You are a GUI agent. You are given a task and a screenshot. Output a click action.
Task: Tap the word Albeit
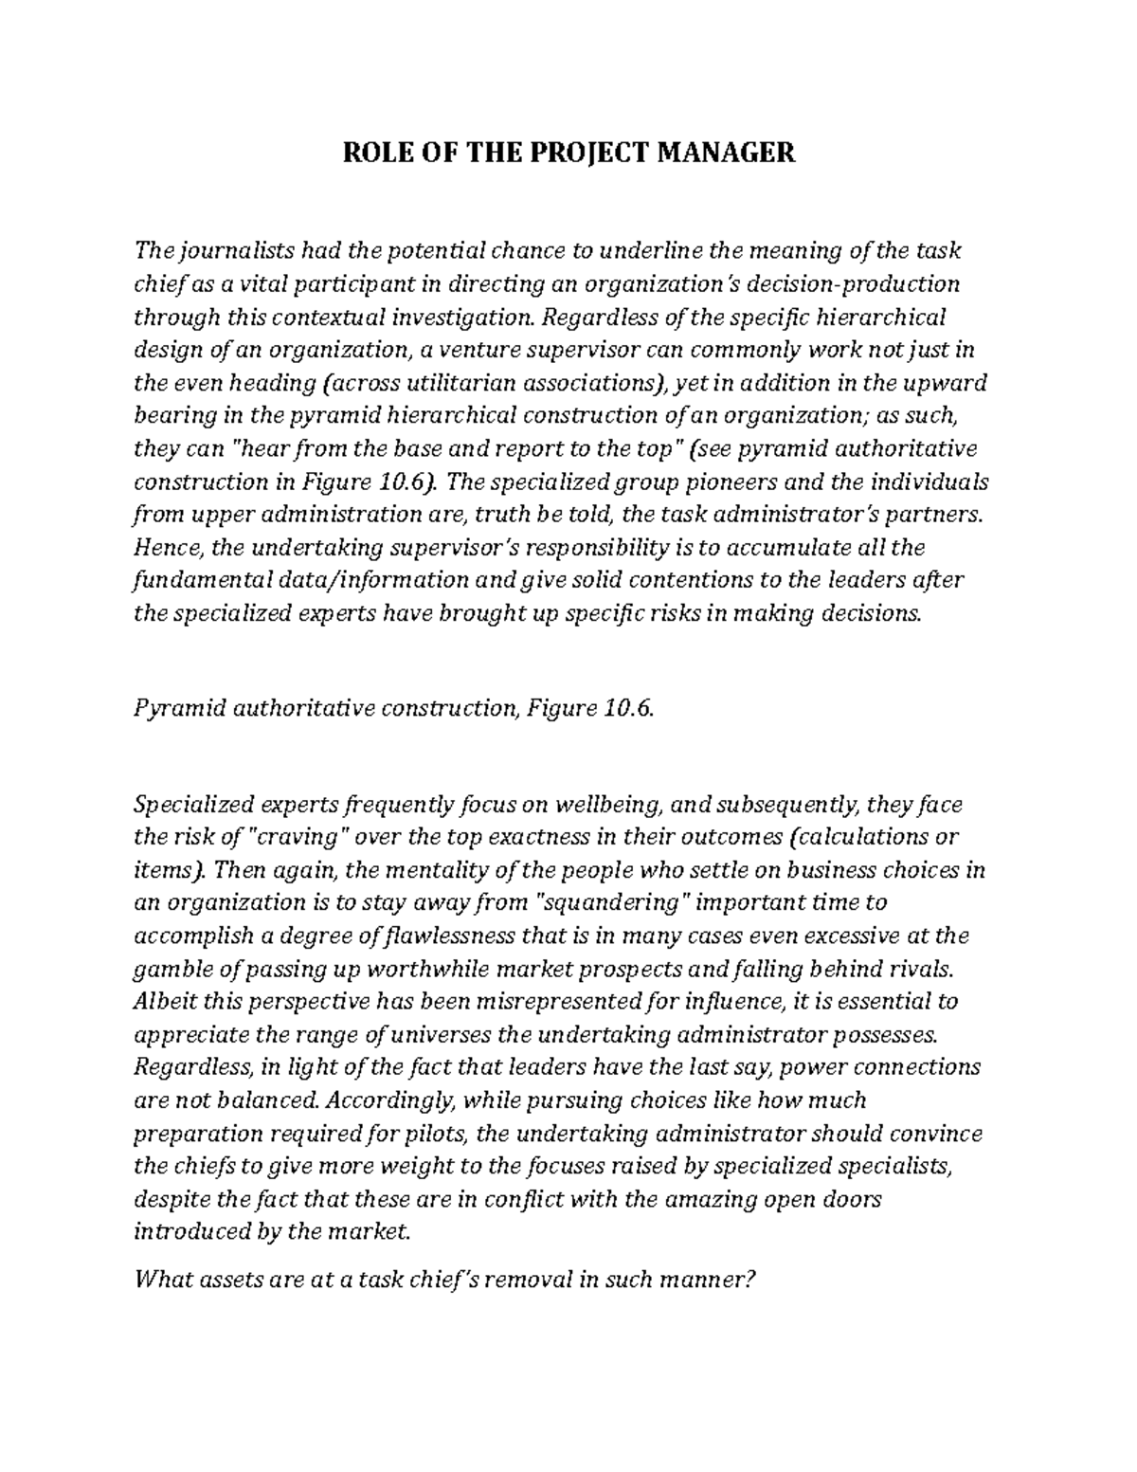click(x=165, y=1002)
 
